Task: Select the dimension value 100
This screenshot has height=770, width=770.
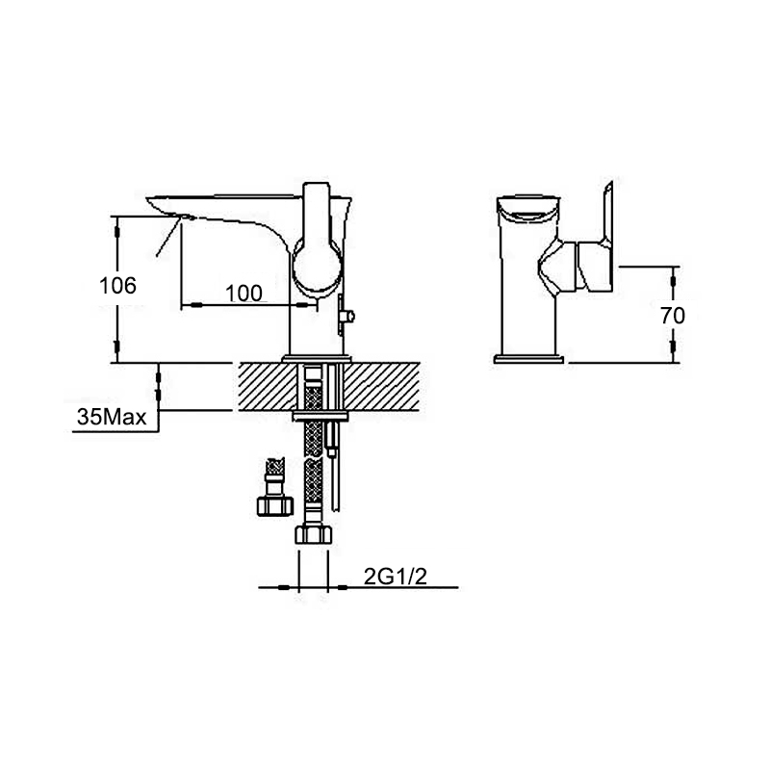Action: pyautogui.click(x=244, y=294)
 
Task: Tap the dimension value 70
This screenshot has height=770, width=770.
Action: pyautogui.click(x=685, y=314)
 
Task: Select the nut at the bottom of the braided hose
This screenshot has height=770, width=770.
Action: pyautogui.click(x=314, y=535)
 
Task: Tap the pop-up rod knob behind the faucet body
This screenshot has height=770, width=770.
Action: pyautogui.click(x=350, y=315)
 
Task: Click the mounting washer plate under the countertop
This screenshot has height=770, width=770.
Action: pyautogui.click(x=319, y=417)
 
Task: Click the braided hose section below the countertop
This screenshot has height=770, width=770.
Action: pyautogui.click(x=312, y=472)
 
